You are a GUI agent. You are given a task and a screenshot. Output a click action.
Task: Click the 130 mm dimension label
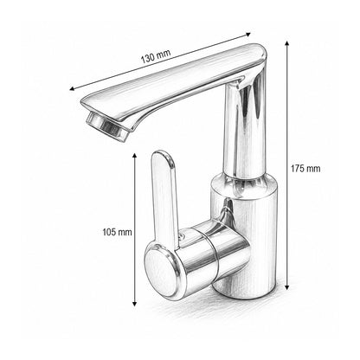tap(156, 56)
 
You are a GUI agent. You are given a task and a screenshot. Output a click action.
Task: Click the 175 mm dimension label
tap(305, 169)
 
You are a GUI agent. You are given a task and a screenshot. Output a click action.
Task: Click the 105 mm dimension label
tap(117, 232)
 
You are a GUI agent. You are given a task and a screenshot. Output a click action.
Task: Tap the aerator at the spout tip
tap(107, 126)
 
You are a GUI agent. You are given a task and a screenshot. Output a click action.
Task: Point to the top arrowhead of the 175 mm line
tap(286, 43)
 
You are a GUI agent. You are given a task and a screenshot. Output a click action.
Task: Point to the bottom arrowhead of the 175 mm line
tap(286, 287)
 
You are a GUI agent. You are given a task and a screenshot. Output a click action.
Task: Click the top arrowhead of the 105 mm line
tap(134, 156)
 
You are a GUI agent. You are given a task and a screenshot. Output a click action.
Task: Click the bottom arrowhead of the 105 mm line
tap(134, 303)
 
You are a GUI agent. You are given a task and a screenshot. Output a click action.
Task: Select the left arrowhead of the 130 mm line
tap(72, 89)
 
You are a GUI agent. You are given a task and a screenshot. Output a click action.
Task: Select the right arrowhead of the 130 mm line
tap(248, 34)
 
